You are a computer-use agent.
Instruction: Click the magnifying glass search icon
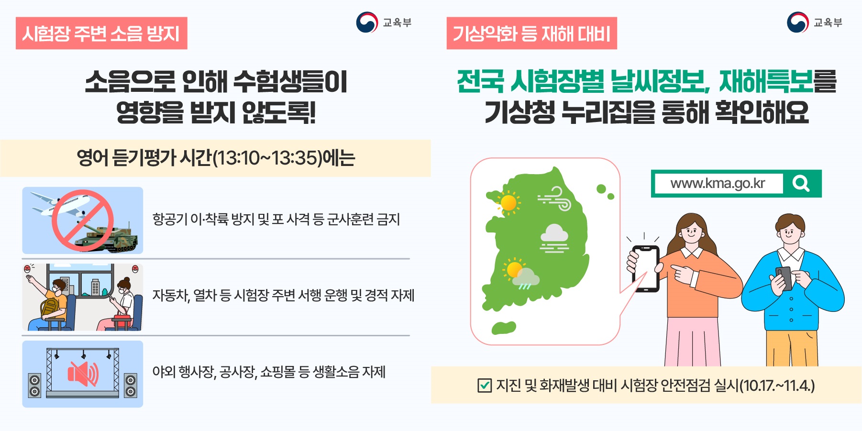[801, 183]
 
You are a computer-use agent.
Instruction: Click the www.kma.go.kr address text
[718, 183]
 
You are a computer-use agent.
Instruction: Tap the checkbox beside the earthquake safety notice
[485, 385]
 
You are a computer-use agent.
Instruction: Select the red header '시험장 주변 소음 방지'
[101, 33]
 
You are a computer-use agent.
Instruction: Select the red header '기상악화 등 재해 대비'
[531, 33]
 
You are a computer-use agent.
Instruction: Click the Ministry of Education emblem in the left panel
[367, 22]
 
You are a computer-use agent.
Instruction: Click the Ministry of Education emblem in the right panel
[797, 22]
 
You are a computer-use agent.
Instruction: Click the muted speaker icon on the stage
[83, 374]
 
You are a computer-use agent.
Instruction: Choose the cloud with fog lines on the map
[554, 238]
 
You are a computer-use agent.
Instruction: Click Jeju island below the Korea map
[504, 328]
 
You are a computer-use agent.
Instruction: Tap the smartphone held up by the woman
[645, 268]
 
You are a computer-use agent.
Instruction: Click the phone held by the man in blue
[784, 277]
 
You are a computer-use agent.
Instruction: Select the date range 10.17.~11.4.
[777, 385]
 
